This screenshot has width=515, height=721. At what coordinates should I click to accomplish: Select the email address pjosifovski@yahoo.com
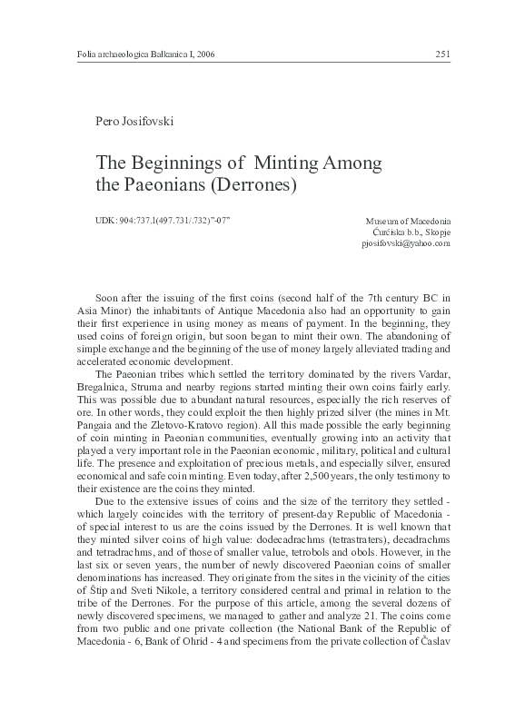coord(405,243)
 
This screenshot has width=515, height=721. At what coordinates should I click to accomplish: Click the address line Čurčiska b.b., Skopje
coord(405,232)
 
